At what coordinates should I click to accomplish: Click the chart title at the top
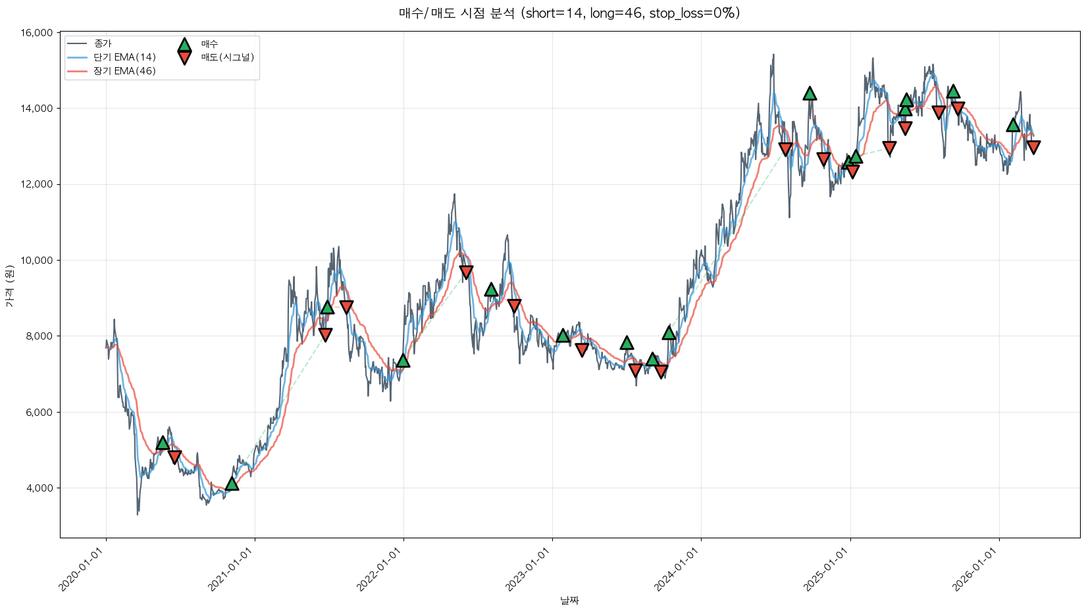(x=569, y=13)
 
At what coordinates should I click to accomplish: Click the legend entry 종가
(x=103, y=43)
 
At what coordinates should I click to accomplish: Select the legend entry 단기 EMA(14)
(x=124, y=57)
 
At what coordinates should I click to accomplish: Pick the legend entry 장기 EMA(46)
(x=124, y=71)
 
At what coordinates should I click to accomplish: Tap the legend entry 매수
(x=209, y=44)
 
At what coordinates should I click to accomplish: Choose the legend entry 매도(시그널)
(x=227, y=57)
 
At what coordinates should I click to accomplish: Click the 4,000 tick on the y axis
(x=39, y=488)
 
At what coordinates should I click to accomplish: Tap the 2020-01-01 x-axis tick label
(x=83, y=570)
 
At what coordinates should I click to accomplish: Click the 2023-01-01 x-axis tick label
(x=529, y=570)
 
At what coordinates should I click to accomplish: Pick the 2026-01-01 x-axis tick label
(x=976, y=570)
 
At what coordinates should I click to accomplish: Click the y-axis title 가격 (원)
(x=9, y=286)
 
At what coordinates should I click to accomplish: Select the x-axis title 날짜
(x=569, y=600)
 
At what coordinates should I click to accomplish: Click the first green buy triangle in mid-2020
(x=163, y=443)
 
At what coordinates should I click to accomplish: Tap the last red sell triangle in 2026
(x=1033, y=147)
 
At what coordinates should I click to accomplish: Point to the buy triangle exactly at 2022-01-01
(x=403, y=360)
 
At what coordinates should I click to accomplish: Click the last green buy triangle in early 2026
(x=1013, y=125)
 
